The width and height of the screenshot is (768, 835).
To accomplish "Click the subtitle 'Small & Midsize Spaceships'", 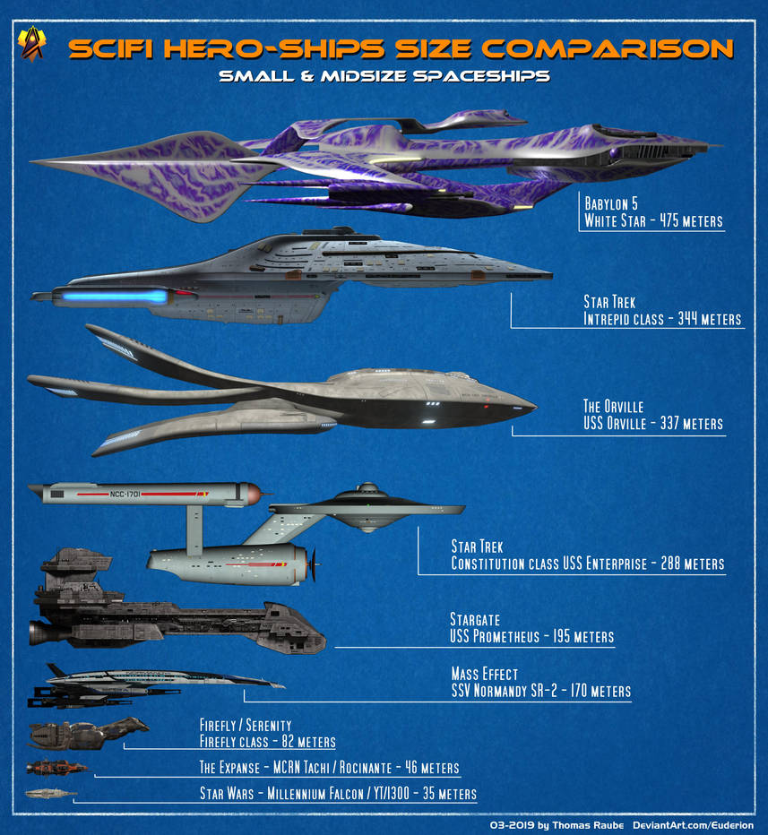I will pyautogui.click(x=384, y=76).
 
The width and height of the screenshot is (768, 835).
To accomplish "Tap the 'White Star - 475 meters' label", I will pyautogui.click(x=653, y=220).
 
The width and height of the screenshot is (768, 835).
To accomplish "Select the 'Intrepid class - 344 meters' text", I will pyautogui.click(x=662, y=318).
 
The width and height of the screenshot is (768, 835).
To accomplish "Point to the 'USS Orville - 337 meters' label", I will pyautogui.click(x=653, y=424).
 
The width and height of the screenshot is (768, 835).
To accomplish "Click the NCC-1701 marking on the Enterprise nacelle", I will pyautogui.click(x=122, y=492).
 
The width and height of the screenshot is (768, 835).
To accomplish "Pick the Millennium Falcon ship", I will pyautogui.click(x=50, y=793).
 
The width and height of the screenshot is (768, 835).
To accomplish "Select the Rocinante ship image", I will pyautogui.click(x=56, y=768).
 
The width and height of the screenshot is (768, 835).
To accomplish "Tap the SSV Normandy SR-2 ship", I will pyautogui.click(x=152, y=685).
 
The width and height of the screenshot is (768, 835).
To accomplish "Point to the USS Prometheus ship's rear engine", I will pyautogui.click(x=41, y=632).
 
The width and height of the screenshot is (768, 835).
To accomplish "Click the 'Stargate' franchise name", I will pyautogui.click(x=474, y=619).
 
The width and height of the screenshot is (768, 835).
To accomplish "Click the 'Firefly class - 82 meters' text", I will pyautogui.click(x=267, y=742).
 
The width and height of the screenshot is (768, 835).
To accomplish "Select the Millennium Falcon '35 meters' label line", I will pyautogui.click(x=337, y=794).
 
